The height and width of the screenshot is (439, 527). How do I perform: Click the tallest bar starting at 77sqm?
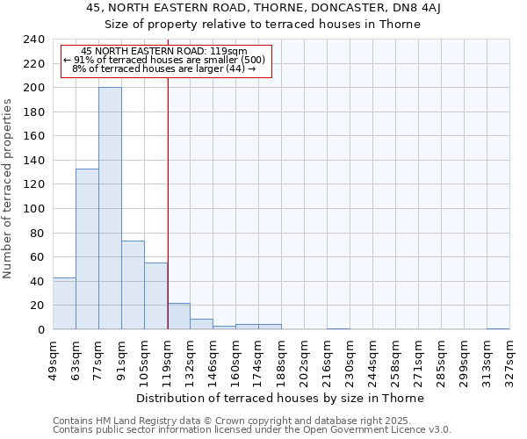tap(110, 208)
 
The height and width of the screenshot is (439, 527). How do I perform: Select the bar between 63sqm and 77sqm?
tap(87, 248)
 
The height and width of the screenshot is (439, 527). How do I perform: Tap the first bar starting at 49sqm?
tap(64, 303)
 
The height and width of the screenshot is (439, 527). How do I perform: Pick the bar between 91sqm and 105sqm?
tap(133, 284)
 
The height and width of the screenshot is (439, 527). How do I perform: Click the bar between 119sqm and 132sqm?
tap(178, 316)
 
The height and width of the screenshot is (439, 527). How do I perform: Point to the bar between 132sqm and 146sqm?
tap(201, 324)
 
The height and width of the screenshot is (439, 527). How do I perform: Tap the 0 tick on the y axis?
tap(41, 330)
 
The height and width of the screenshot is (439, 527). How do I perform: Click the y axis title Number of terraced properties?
tap(8, 188)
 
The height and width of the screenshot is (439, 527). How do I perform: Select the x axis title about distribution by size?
tap(280, 398)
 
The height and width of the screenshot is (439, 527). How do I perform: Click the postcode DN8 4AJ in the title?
tap(448, 8)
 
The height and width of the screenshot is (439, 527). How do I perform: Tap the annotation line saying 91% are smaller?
tap(167, 60)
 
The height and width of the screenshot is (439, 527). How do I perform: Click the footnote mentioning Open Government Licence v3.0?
tap(252, 430)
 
